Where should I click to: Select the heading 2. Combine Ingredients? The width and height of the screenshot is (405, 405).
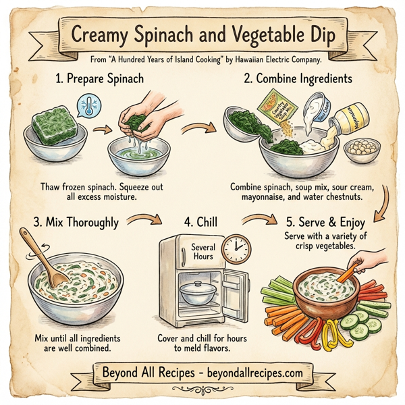click(x=302, y=79)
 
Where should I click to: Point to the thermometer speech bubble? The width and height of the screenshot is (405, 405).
click(x=87, y=106)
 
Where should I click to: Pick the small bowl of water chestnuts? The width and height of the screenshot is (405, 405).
click(x=361, y=149)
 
